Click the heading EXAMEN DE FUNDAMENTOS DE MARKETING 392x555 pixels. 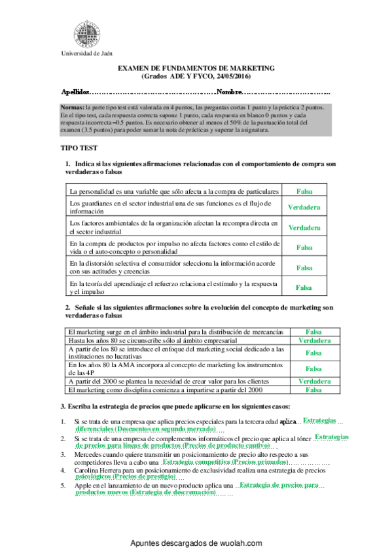(x=196, y=69)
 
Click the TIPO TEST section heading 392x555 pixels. (x=79, y=149)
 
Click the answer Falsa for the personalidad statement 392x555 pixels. (x=304, y=191)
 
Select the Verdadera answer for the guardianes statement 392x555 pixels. (x=304, y=207)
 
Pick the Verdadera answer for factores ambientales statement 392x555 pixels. (x=304, y=228)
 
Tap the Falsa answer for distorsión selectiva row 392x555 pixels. (x=304, y=267)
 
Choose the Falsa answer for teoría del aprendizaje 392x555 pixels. (x=304, y=287)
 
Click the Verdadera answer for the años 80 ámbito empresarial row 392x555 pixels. (x=314, y=341)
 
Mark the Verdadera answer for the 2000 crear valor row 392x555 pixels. (x=314, y=381)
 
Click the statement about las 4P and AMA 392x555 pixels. (x=176, y=368)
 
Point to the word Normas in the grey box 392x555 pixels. (x=71, y=107)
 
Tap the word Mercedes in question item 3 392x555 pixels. (x=88, y=454)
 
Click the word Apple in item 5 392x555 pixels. (x=82, y=486)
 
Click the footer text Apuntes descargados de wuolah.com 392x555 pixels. (x=196, y=543)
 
